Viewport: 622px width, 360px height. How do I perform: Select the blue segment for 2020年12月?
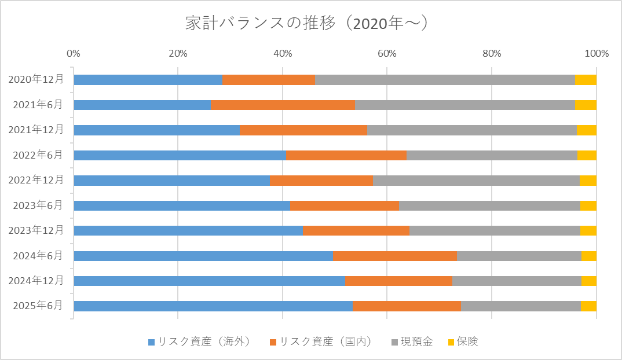pyautogui.click(x=148, y=80)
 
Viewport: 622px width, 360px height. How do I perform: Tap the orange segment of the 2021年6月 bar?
pyautogui.click(x=283, y=105)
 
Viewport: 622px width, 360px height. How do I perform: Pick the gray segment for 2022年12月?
pyautogui.click(x=476, y=180)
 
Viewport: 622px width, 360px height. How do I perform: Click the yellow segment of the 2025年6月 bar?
pyautogui.click(x=588, y=306)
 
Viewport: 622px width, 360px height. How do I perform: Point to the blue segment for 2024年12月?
pyautogui.click(x=209, y=281)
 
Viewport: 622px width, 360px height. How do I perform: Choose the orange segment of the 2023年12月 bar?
pyautogui.click(x=356, y=230)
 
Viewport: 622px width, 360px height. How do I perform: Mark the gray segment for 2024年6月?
pyautogui.click(x=519, y=256)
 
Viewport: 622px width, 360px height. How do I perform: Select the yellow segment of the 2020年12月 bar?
pyautogui.click(x=586, y=80)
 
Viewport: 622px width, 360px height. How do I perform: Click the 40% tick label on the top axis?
pyautogui.click(x=283, y=54)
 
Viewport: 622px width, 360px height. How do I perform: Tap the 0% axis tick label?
pyautogui.click(x=74, y=54)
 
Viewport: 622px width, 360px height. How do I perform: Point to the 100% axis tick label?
pyautogui.click(x=597, y=54)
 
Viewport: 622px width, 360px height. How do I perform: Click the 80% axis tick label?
pyautogui.click(x=492, y=54)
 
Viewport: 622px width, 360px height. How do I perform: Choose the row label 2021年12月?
pyautogui.click(x=36, y=130)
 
